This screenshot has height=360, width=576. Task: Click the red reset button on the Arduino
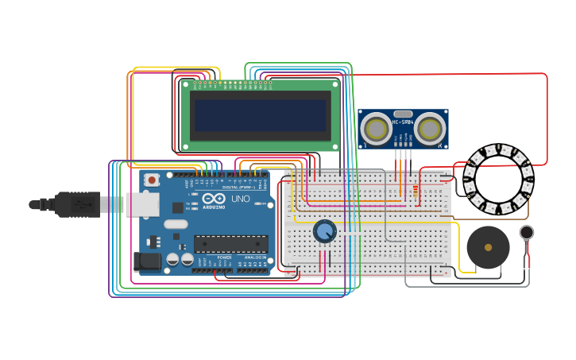pyautogui.click(x=151, y=180)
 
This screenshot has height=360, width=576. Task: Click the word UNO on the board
pyautogui.click(x=240, y=199)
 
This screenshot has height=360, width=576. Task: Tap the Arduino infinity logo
pyautogui.click(x=214, y=199)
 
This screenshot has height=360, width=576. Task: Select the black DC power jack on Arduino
pyautogui.click(x=148, y=260)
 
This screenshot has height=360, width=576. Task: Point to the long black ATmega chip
pyautogui.click(x=230, y=244)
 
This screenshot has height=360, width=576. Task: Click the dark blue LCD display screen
pyautogui.click(x=261, y=115)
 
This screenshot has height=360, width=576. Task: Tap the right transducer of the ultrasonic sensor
pyautogui.click(x=430, y=128)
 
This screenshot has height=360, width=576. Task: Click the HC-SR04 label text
pyautogui.click(x=403, y=122)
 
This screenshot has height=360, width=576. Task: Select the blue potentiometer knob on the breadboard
pyautogui.click(x=324, y=231)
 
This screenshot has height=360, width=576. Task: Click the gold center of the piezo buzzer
pyautogui.click(x=488, y=247)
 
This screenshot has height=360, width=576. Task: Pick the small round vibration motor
pyautogui.click(x=527, y=232)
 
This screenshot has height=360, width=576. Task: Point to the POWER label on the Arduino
pyautogui.click(x=224, y=257)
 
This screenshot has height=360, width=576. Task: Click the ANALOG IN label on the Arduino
pyautogui.click(x=254, y=257)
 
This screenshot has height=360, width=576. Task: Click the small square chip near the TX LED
pyautogui.click(x=177, y=207)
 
